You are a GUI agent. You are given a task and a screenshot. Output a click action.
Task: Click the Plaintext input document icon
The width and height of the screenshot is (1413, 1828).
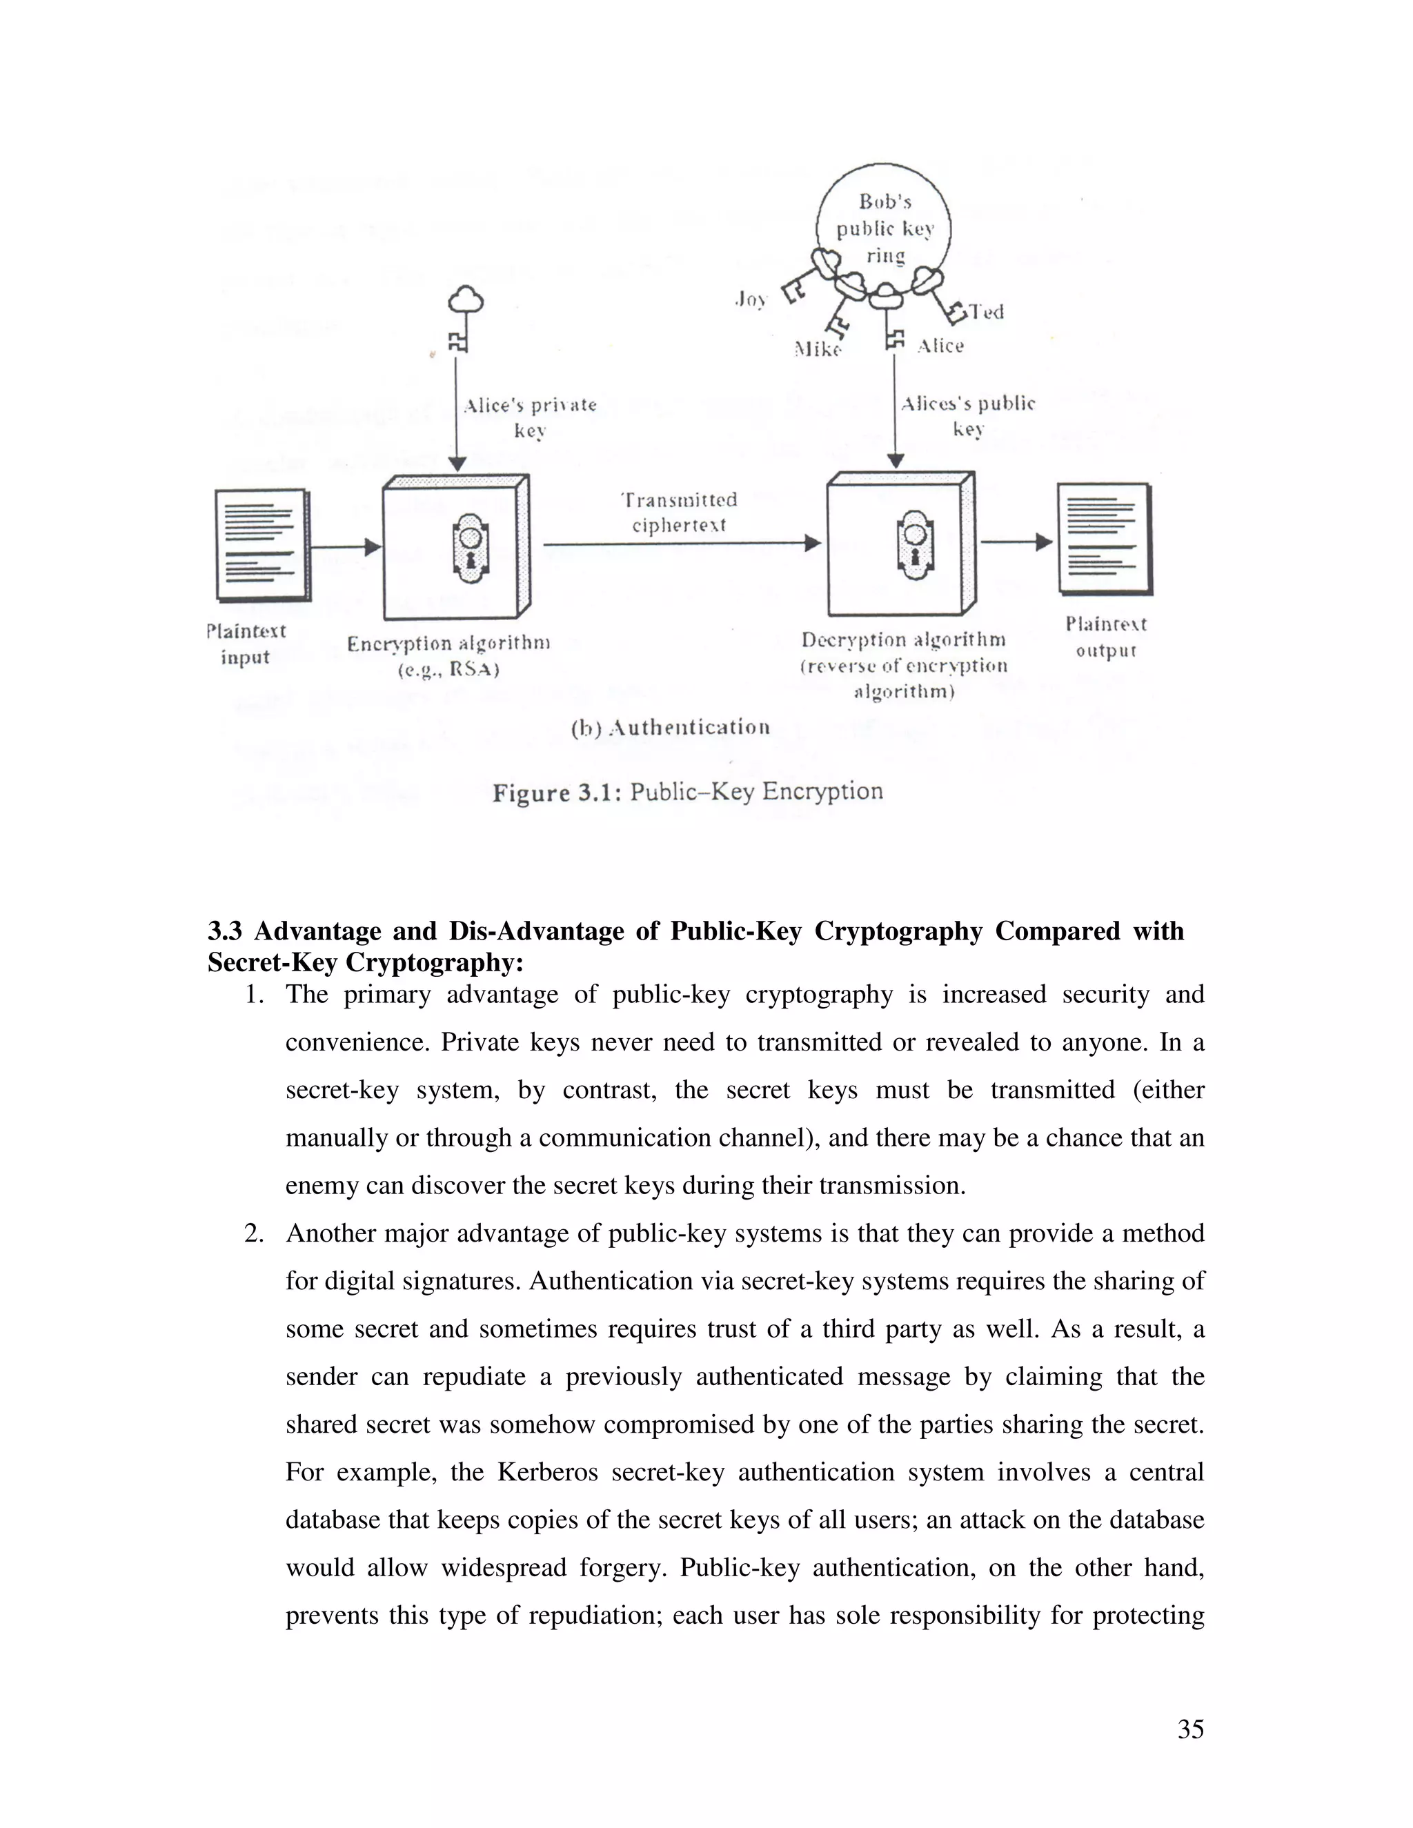tap(262, 545)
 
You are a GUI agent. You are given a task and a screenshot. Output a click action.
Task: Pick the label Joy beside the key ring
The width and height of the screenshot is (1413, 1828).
tap(750, 299)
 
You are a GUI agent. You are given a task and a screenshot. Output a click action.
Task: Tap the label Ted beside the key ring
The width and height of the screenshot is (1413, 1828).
tap(986, 312)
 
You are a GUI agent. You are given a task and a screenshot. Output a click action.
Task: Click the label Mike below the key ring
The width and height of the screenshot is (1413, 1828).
tap(817, 349)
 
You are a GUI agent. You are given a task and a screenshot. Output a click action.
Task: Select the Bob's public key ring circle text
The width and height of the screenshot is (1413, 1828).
tap(885, 228)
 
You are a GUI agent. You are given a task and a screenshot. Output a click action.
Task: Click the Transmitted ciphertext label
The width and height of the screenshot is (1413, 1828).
tap(679, 513)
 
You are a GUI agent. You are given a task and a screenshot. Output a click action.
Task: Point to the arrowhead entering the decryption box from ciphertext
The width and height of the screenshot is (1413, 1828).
tap(812, 543)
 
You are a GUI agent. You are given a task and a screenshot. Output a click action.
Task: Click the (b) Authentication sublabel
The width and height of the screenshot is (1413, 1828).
tap(671, 727)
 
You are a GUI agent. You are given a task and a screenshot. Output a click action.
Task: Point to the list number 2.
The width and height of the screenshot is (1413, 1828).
tap(254, 1233)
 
